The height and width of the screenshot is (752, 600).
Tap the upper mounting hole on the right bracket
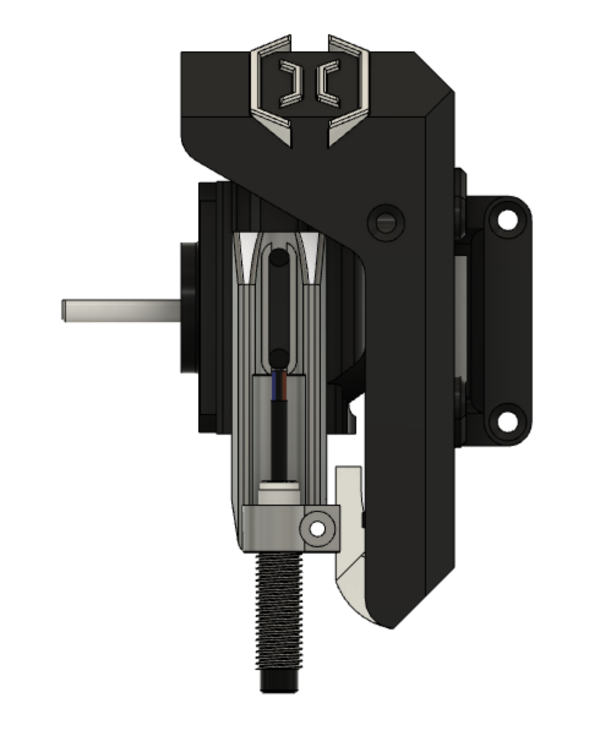point(507,219)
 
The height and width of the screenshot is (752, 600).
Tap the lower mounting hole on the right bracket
point(507,421)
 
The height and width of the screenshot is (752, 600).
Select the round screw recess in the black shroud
point(386,223)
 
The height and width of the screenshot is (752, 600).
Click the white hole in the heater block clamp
point(317,528)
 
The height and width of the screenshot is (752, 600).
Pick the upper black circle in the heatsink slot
point(279,258)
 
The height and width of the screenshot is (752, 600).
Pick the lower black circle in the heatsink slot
point(279,358)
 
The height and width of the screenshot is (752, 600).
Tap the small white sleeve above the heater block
point(279,492)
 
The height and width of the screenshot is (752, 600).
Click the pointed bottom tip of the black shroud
point(392,625)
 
